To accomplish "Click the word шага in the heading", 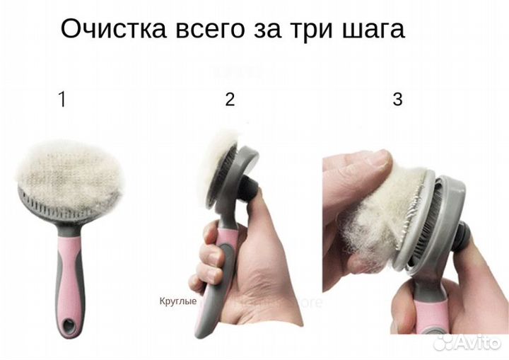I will point(377,30).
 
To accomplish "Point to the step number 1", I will point(62,100).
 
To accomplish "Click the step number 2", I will point(230,100).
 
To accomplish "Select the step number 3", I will point(397,100).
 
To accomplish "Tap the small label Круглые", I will point(177,301).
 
